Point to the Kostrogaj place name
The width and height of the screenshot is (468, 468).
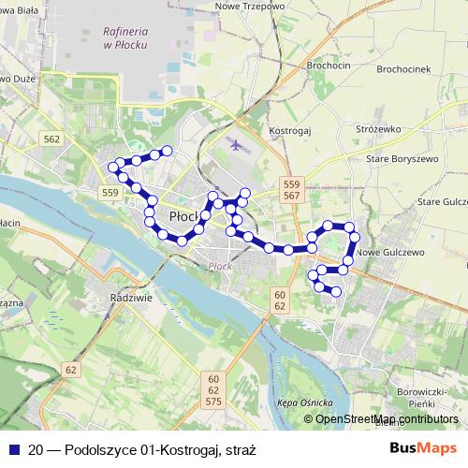pos(289,131)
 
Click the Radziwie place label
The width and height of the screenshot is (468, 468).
pos(130,297)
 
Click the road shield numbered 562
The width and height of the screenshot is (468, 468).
pos(51,139)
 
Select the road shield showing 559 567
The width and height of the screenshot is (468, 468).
pos(292,189)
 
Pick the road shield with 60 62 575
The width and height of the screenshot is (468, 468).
pos(212,389)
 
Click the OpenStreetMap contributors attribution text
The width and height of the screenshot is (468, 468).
pos(386,419)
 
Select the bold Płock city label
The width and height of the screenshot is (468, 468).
pos(183,217)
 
